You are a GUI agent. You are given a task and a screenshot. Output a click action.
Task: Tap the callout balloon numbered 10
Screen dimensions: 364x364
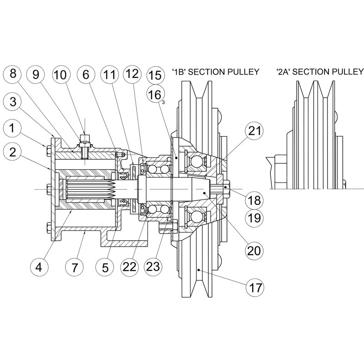pyautogui.click(x=62, y=75)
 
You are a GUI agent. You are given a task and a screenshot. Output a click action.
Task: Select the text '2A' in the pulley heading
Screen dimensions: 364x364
pyautogui.click(x=283, y=72)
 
